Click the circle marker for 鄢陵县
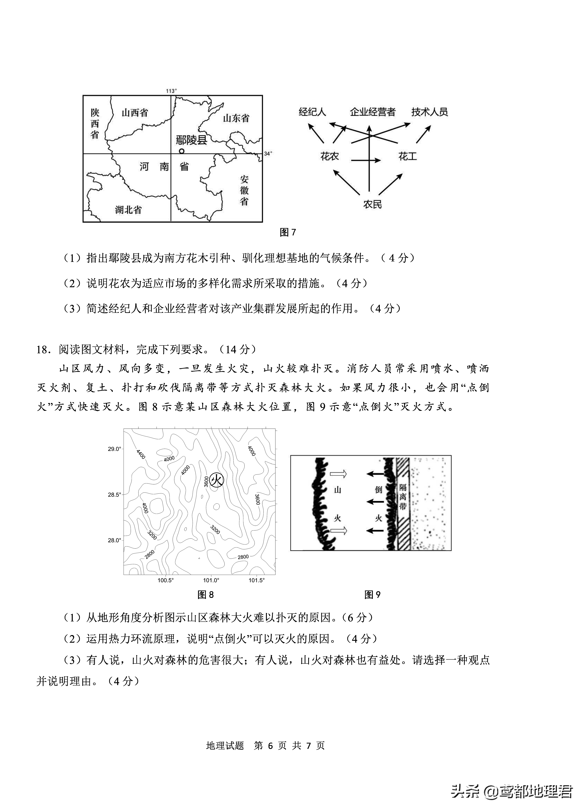pos(182,151)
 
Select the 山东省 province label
pos(236,118)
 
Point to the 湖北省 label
pos(128,209)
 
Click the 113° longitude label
pos(171,91)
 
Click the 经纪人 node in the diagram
pos(312,112)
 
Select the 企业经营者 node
pos(372,112)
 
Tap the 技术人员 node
pos(429,112)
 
